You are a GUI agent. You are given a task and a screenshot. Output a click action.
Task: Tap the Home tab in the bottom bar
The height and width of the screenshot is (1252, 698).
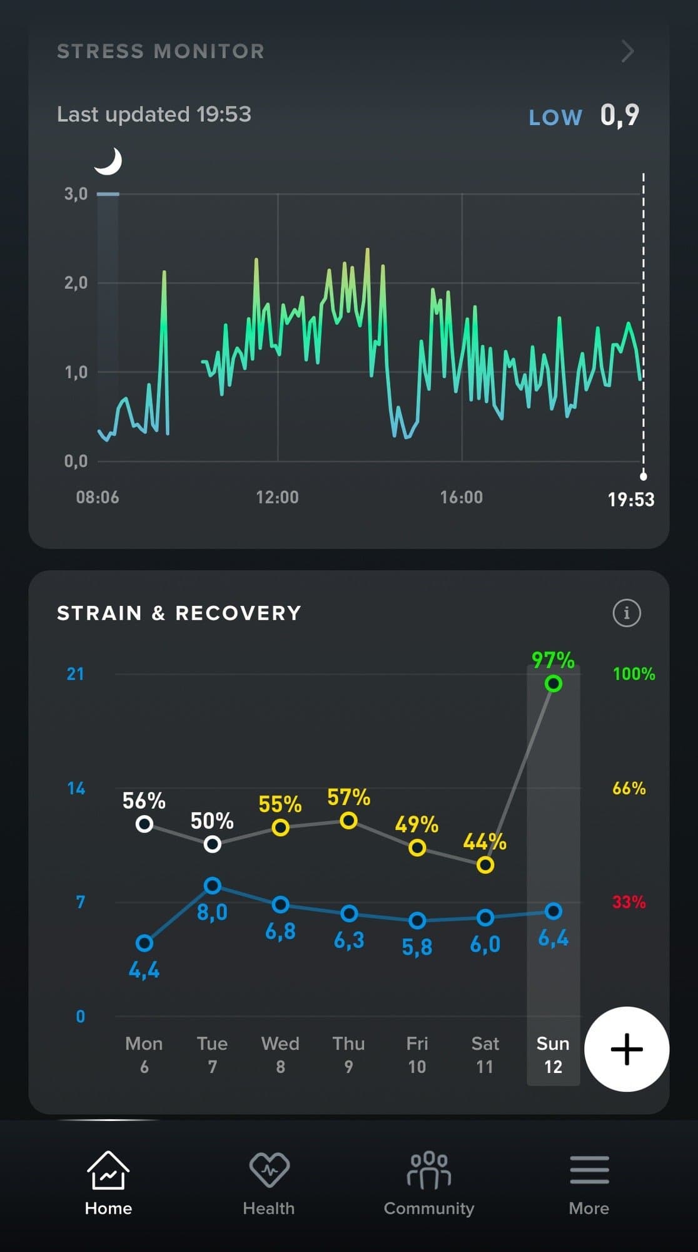tap(108, 1182)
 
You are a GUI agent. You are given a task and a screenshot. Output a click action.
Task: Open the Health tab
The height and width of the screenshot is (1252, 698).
tap(269, 1182)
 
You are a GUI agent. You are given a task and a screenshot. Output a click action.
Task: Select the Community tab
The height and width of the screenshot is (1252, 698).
tap(429, 1182)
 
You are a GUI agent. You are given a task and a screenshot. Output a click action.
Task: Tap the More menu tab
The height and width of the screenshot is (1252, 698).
tap(589, 1182)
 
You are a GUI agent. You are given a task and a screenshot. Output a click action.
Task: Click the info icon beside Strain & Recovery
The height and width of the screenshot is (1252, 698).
tap(627, 613)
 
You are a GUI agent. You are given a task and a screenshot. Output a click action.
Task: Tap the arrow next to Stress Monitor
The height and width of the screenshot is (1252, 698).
tap(627, 51)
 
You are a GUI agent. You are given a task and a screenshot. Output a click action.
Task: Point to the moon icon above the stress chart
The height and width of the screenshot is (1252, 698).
tap(109, 162)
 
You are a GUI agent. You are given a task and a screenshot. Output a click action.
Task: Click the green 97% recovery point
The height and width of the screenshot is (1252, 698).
tap(553, 683)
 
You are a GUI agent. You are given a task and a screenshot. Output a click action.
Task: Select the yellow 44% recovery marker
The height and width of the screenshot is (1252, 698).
tap(485, 865)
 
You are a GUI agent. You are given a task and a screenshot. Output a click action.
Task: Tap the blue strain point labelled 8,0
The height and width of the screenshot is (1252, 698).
tap(213, 885)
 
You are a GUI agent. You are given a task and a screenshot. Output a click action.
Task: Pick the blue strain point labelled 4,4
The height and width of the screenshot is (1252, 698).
tap(144, 943)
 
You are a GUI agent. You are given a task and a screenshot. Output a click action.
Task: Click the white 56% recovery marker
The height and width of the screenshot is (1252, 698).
tap(144, 824)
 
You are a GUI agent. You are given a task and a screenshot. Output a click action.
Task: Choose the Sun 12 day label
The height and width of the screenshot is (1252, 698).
tap(553, 1055)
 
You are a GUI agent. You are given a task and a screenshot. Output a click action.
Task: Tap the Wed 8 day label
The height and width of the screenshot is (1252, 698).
tap(280, 1055)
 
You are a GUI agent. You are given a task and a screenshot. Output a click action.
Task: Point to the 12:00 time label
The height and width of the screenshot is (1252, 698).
tap(277, 497)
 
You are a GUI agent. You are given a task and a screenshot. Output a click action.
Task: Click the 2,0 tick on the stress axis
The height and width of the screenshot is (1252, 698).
tap(76, 283)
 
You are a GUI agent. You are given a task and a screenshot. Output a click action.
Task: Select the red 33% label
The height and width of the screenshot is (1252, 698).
tap(629, 902)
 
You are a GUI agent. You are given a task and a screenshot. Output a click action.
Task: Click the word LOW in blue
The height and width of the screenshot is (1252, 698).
tap(555, 118)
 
